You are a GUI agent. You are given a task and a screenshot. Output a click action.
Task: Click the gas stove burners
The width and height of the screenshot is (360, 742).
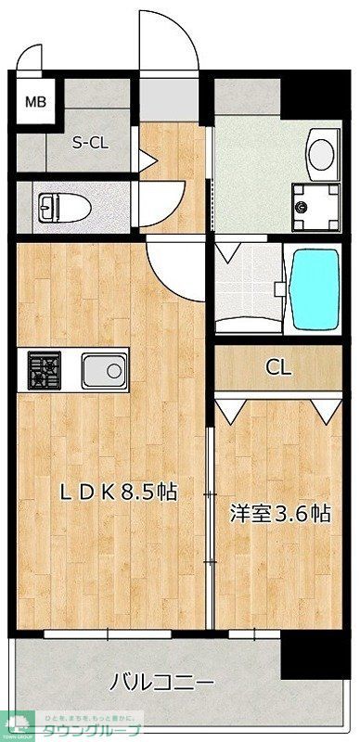click(x=43, y=372)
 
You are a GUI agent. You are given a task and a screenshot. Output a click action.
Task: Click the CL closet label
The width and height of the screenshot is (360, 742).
click(x=278, y=366)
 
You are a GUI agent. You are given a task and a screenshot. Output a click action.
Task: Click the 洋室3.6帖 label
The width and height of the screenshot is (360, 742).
click(x=279, y=513)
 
